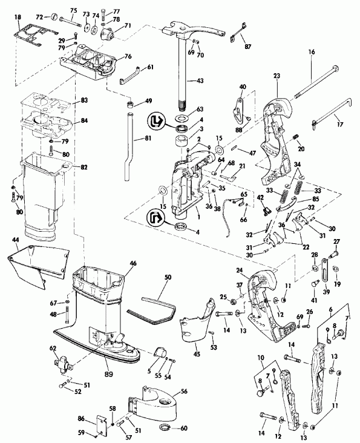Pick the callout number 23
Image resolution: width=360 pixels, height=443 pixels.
pyautogui.click(x=277, y=77)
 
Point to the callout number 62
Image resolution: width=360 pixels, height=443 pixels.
pyautogui.click(x=53, y=349)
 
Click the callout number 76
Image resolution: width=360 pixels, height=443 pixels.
pyautogui.click(x=128, y=56)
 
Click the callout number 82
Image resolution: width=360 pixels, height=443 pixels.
pyautogui.click(x=83, y=166)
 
